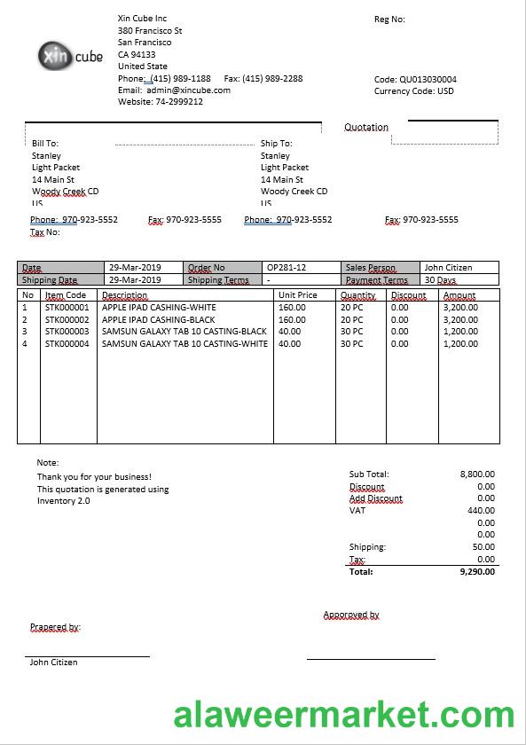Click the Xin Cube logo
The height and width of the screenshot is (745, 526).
pyautogui.click(x=71, y=56)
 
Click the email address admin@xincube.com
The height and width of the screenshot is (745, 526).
pyautogui.click(x=188, y=90)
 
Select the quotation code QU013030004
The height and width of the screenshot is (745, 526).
pyautogui.click(x=428, y=79)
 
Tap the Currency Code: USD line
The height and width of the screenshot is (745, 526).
pyautogui.click(x=413, y=90)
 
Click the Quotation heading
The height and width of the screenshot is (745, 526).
pyautogui.click(x=366, y=128)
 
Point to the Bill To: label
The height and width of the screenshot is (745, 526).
pyautogui.click(x=45, y=144)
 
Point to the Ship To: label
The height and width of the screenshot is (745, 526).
pyautogui.click(x=276, y=144)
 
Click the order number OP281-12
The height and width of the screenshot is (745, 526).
pyautogui.click(x=287, y=268)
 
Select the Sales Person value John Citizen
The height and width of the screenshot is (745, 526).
pyautogui.click(x=448, y=268)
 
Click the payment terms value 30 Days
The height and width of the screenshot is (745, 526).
pyautogui.click(x=441, y=280)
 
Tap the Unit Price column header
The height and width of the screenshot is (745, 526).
pyautogui.click(x=297, y=295)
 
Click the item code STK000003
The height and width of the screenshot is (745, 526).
pyautogui.click(x=67, y=332)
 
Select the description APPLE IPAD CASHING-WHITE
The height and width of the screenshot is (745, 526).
pyautogui.click(x=159, y=308)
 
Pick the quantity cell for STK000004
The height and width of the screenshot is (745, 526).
pyautogui.click(x=352, y=344)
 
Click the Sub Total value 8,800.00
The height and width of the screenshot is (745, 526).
pyautogui.click(x=477, y=474)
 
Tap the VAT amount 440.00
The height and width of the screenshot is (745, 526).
pyautogui.click(x=481, y=511)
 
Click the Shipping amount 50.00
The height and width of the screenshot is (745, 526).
pyautogui.click(x=483, y=547)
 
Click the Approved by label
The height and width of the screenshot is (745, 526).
pyautogui.click(x=351, y=615)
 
